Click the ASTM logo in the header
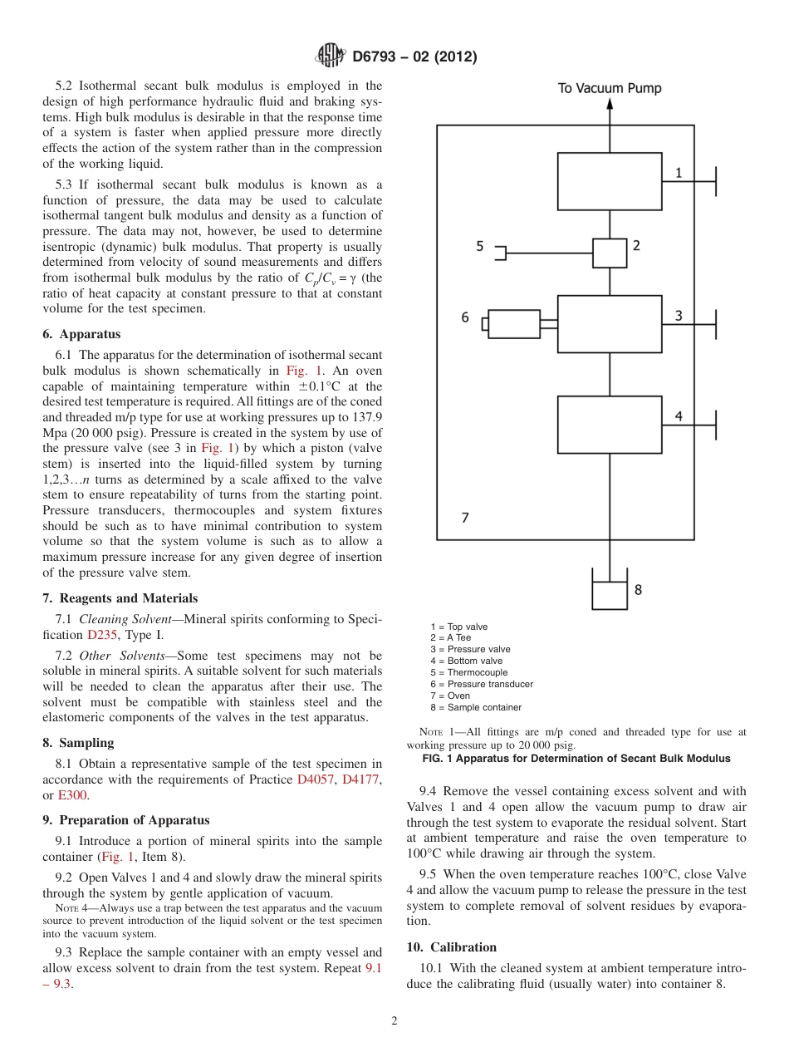(x=331, y=57)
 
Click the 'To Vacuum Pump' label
(x=609, y=88)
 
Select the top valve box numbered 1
(x=610, y=181)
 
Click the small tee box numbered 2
(x=610, y=253)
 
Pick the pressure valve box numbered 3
(x=610, y=324)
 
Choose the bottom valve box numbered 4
(x=610, y=424)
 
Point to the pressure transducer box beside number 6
(x=514, y=324)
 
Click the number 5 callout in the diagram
(x=479, y=246)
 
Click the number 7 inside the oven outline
(x=465, y=518)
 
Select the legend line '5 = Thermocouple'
(x=468, y=672)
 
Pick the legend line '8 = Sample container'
(x=476, y=707)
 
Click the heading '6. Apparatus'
(x=81, y=334)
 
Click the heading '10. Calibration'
(x=452, y=947)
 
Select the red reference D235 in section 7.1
(x=103, y=635)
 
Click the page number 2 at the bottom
(x=394, y=1021)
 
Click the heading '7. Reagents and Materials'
(x=120, y=598)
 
